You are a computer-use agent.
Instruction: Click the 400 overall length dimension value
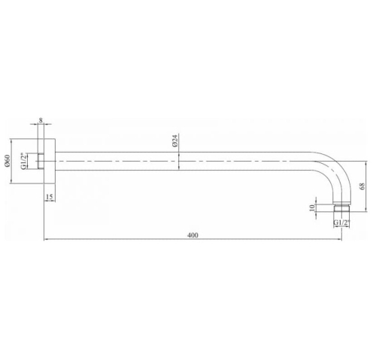tap(193, 235)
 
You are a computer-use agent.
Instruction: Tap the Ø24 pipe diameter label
tap(175, 141)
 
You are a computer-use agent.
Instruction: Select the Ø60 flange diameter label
tap(7, 161)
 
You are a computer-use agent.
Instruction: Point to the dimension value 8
tap(41, 120)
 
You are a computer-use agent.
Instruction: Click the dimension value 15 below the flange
tap(50, 197)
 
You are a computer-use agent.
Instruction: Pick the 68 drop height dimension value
tap(362, 186)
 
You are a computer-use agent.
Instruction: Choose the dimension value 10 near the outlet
tap(312, 207)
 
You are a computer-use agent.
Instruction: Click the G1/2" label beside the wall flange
tap(23, 161)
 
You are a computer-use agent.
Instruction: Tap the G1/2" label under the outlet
tap(341, 222)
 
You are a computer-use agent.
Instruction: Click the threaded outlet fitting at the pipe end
tap(341, 209)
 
